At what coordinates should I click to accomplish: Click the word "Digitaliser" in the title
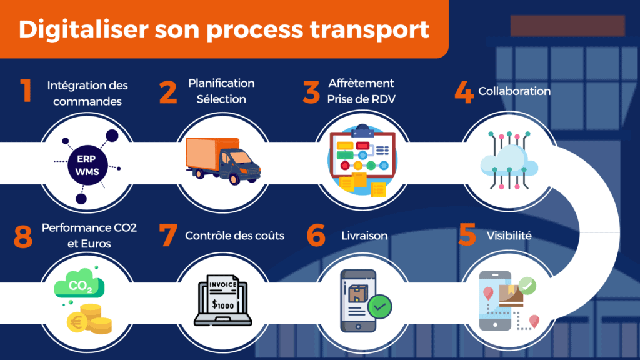click(83, 29)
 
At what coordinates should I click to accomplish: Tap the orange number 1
click(26, 90)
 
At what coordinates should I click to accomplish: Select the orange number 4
click(464, 91)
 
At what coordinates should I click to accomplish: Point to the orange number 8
click(23, 237)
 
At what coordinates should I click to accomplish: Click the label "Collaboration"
click(514, 91)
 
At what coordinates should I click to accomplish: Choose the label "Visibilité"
click(509, 236)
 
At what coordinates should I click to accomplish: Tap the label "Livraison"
click(364, 236)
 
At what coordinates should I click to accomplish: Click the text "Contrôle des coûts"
click(235, 236)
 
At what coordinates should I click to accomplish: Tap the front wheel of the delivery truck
click(234, 178)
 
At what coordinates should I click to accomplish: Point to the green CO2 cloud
click(79, 283)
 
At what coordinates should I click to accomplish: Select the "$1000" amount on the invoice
click(223, 304)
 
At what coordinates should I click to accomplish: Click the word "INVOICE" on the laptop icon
click(223, 284)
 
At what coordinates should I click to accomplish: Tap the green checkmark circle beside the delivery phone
click(379, 306)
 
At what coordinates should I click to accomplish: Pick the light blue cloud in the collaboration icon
click(509, 161)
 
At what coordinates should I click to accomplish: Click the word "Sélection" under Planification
click(221, 99)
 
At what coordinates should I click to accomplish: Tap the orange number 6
click(316, 236)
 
